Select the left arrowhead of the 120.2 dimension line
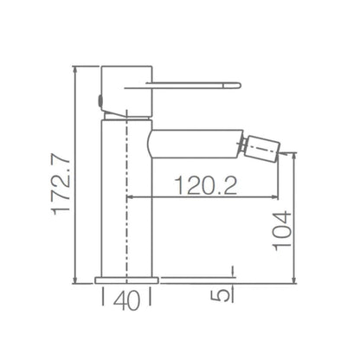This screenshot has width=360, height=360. coord(132,198)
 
